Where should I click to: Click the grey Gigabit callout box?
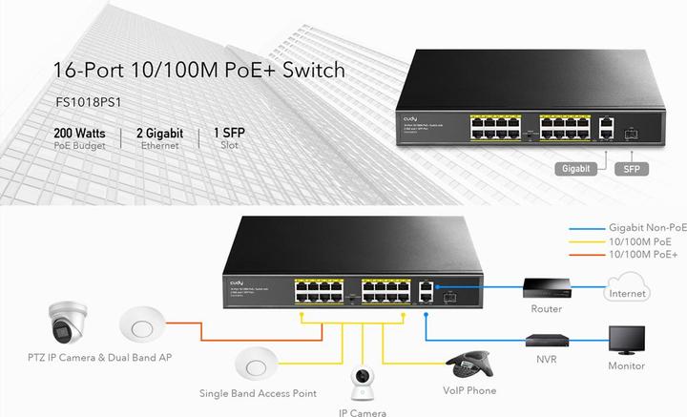tap(576, 167)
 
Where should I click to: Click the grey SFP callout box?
tap(631, 167)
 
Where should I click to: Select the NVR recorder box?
tap(548, 339)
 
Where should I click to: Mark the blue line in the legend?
tap(588, 228)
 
